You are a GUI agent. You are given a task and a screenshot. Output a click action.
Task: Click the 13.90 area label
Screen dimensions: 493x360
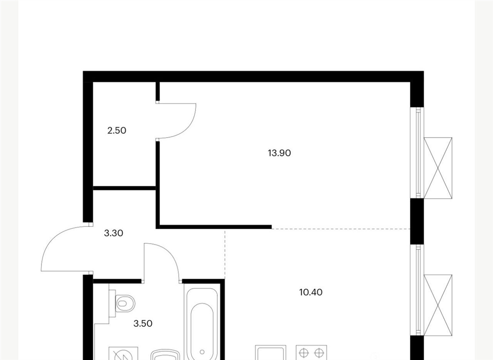(279, 153)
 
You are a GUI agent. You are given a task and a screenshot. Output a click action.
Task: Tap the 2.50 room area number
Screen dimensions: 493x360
(117, 130)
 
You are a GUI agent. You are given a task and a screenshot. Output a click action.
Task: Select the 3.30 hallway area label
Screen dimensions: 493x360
(114, 233)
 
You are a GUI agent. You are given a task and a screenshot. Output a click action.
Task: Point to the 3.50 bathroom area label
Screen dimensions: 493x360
(143, 323)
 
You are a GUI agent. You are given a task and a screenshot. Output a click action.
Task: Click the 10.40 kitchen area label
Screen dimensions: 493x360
(311, 293)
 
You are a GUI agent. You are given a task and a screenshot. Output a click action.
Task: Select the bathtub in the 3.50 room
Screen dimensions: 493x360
(202, 324)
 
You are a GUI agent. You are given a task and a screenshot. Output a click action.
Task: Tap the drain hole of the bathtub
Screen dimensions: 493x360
(202, 352)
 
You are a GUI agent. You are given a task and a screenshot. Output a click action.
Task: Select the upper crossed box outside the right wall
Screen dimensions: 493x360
(438, 168)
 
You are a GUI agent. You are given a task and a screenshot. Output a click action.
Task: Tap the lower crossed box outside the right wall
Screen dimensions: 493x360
(438, 305)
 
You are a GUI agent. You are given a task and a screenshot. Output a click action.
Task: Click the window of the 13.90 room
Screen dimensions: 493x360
(417, 153)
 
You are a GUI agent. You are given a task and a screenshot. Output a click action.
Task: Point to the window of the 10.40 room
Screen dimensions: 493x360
(417, 291)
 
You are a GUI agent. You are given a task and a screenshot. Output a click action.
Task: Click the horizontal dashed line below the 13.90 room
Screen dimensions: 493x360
(341, 229)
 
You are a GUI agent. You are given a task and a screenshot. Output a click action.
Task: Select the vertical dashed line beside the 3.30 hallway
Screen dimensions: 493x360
(225, 254)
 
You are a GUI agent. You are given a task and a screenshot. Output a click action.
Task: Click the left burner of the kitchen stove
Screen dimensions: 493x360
(303, 353)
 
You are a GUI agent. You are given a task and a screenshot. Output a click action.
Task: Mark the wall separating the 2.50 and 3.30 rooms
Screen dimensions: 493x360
(125, 188)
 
